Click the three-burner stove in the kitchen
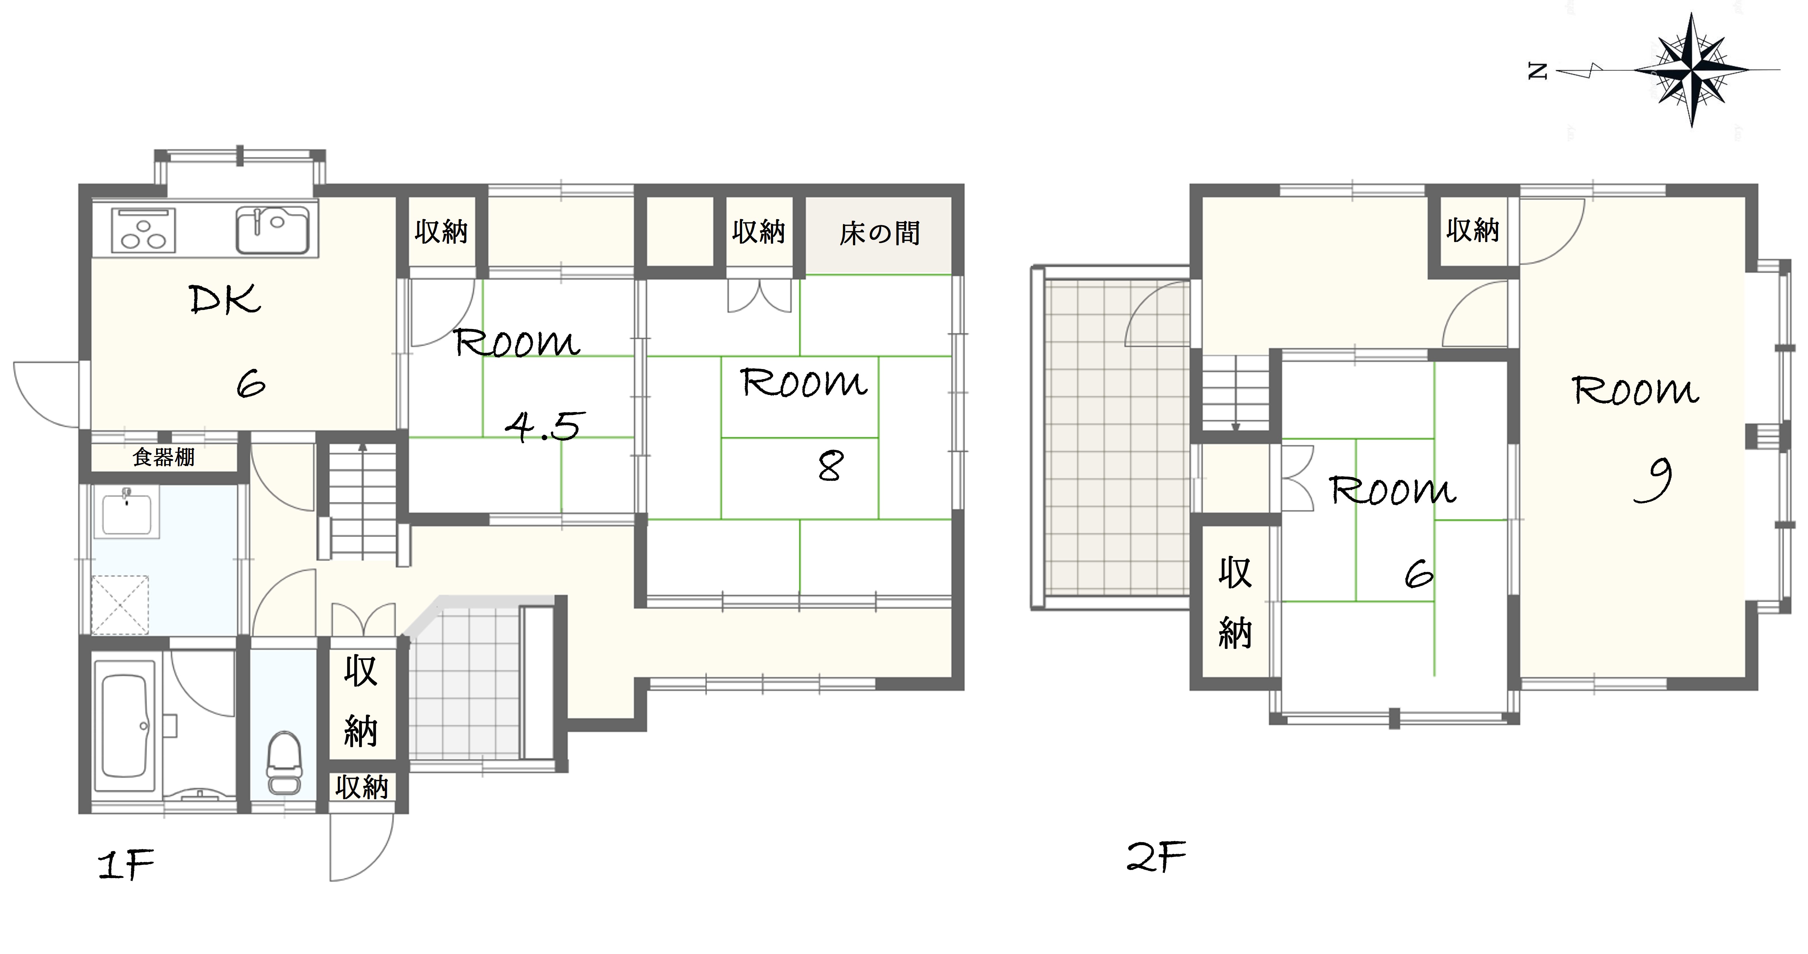[x=143, y=230]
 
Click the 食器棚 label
[x=164, y=458]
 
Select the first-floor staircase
[x=362, y=502]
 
